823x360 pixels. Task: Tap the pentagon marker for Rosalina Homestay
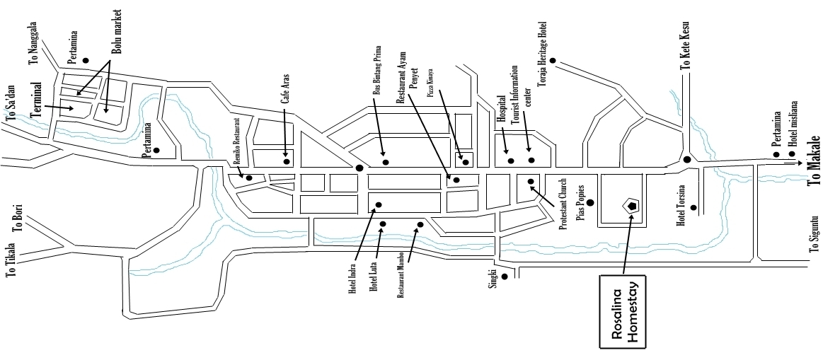pos(631,206)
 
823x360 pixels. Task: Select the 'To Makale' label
pos(813,160)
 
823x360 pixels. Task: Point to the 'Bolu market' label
pos(117,33)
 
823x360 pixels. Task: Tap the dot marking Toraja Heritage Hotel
pos(553,60)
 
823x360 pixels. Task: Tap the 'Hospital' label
pos(500,110)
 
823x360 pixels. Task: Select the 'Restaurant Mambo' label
pos(401,275)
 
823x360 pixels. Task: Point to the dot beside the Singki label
pos(504,277)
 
